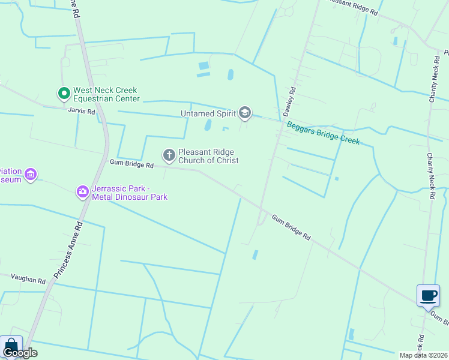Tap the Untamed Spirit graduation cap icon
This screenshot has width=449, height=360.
244,112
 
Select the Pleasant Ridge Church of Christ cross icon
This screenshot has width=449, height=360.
169,156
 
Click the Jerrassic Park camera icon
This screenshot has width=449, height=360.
82,192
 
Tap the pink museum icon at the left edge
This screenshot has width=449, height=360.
31,175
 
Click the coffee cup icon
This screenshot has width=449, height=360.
428,296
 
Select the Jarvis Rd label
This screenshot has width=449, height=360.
82,112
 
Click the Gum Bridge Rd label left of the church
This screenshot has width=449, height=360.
131,163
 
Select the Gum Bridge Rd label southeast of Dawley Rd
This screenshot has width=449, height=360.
291,228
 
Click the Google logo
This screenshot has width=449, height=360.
20,353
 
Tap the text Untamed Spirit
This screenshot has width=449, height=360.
209,113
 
